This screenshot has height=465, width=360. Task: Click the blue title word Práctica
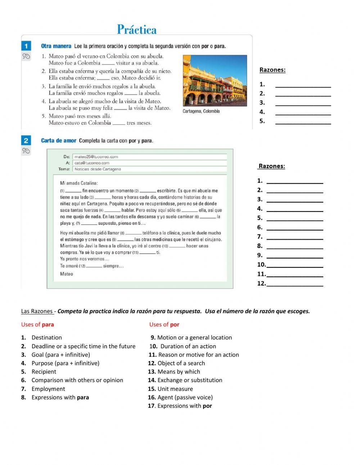pos(137,30)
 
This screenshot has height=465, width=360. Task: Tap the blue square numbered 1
pos(26,46)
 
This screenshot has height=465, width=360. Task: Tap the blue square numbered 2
pos(26,140)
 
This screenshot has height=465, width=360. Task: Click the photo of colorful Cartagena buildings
pos(215,80)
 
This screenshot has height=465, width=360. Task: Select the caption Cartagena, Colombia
pos(201,111)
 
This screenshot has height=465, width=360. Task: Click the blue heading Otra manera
pos(56,46)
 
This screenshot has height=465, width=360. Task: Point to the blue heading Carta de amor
pos(59,140)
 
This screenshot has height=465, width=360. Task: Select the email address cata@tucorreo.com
pos(92,163)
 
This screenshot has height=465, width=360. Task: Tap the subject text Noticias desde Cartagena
pos(98,169)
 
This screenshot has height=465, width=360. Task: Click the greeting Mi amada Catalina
pos(79,183)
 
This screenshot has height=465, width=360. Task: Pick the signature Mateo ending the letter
pos(67,274)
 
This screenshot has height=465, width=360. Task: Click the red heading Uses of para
pos(37,325)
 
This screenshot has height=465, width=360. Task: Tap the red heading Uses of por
pos(164,325)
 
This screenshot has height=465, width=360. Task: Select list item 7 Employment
pos(48,389)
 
